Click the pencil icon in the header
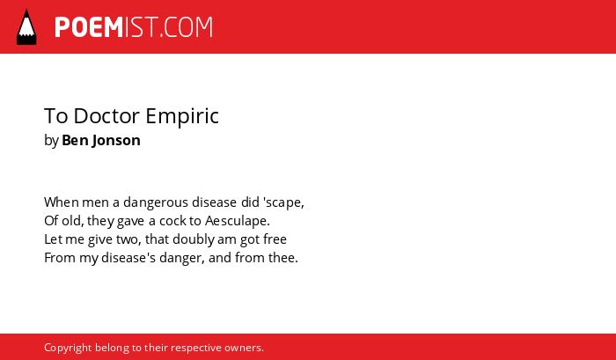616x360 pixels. tap(26, 27)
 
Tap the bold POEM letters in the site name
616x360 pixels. tap(89, 27)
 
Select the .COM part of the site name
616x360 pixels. tap(186, 27)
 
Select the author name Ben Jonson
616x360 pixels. tap(101, 140)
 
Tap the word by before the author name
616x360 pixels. tap(51, 141)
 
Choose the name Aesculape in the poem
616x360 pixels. tap(237, 221)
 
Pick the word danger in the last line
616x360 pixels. tap(181, 259)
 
